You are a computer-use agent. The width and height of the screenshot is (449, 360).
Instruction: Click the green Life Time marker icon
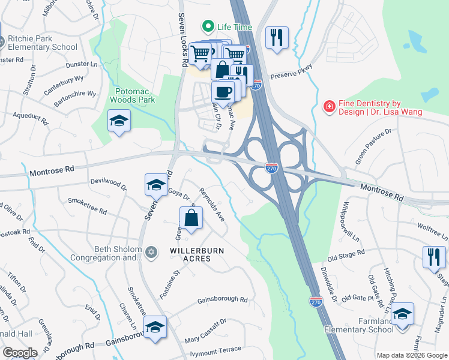click(208, 27)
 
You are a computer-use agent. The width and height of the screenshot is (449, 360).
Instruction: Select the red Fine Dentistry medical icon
click(328, 107)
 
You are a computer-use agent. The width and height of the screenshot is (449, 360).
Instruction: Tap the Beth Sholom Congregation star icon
click(152, 253)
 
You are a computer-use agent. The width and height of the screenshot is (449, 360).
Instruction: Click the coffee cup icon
click(223, 92)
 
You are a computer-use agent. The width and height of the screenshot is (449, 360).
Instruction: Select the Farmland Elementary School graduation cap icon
click(402, 314)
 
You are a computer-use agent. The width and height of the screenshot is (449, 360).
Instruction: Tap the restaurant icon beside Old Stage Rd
click(433, 256)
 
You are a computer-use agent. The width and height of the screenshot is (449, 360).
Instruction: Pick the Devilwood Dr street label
click(108, 182)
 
